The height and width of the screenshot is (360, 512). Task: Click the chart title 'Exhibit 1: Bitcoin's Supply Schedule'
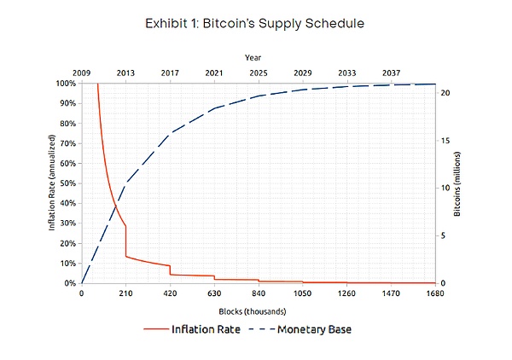(x=256, y=23)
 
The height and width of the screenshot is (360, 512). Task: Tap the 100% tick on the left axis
(x=66, y=84)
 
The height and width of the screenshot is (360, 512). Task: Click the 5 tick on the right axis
(x=444, y=235)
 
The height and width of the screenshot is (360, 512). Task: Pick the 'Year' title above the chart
(x=253, y=57)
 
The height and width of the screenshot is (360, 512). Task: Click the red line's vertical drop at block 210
(x=126, y=241)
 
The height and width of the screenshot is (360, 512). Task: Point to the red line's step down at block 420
(x=170, y=270)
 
